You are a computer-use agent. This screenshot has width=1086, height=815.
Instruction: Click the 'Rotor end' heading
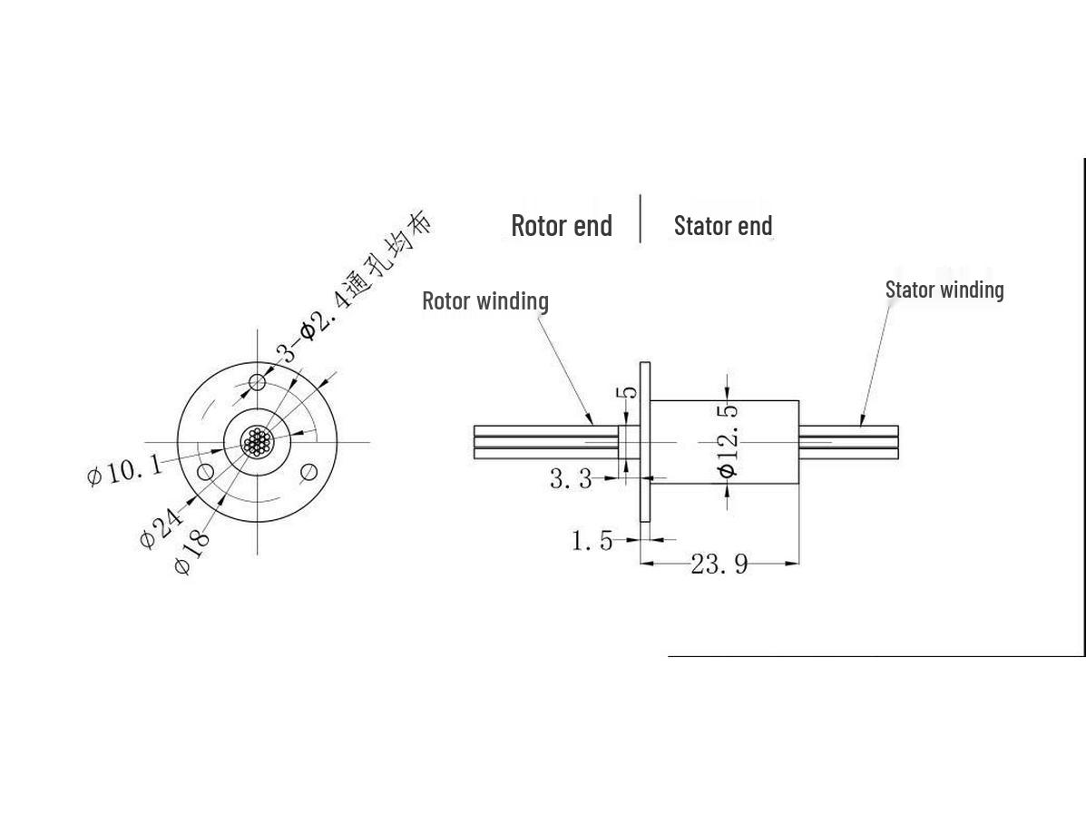(x=562, y=226)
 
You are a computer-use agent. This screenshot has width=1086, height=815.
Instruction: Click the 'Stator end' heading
(x=723, y=226)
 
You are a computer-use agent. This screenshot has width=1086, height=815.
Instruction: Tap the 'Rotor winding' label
(x=485, y=301)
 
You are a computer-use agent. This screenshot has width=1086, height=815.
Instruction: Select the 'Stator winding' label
(x=944, y=290)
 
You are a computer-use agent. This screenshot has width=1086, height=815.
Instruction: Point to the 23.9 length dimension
(x=719, y=564)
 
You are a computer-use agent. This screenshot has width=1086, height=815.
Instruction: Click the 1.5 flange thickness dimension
(x=592, y=540)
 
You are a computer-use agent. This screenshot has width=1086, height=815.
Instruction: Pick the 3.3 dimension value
(x=572, y=478)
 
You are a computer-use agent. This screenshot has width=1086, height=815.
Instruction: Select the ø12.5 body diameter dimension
(x=728, y=441)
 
